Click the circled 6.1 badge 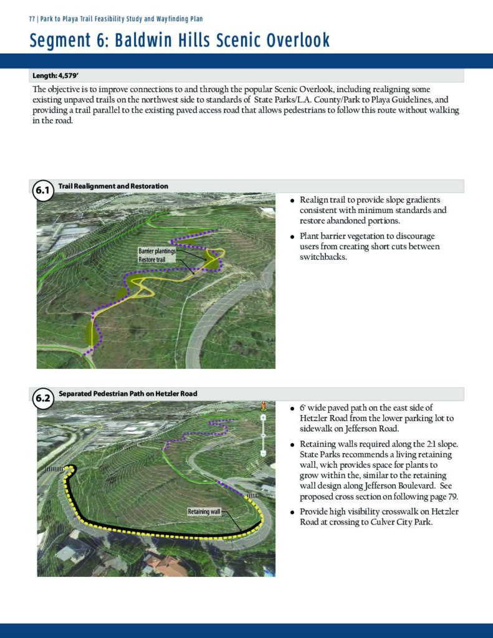click(x=42, y=191)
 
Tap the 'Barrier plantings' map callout click(x=157, y=250)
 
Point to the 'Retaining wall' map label click(x=204, y=512)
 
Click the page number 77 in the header click(x=32, y=19)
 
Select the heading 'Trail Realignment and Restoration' click(x=113, y=186)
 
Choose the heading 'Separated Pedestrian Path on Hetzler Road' click(x=128, y=394)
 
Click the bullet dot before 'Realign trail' click(x=292, y=201)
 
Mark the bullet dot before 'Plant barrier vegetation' click(x=292, y=237)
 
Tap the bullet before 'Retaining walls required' click(x=292, y=445)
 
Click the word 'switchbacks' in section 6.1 click(x=323, y=257)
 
